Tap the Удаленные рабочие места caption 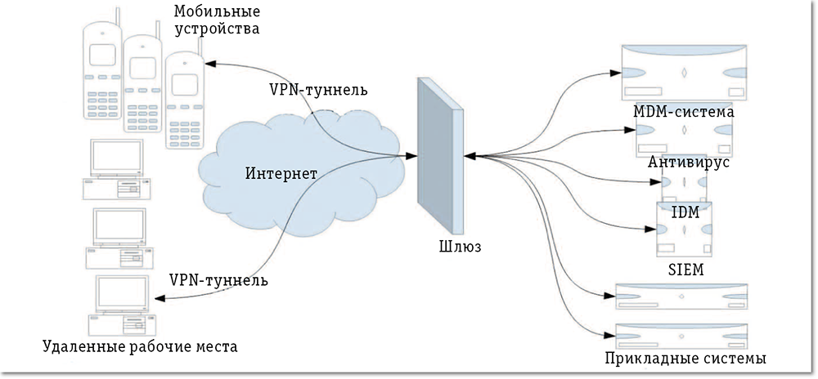(x=140, y=348)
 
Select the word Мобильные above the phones (x=216, y=12)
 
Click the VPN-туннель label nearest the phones (x=317, y=88)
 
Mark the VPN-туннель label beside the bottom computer (x=218, y=279)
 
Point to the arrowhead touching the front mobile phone (x=209, y=64)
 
